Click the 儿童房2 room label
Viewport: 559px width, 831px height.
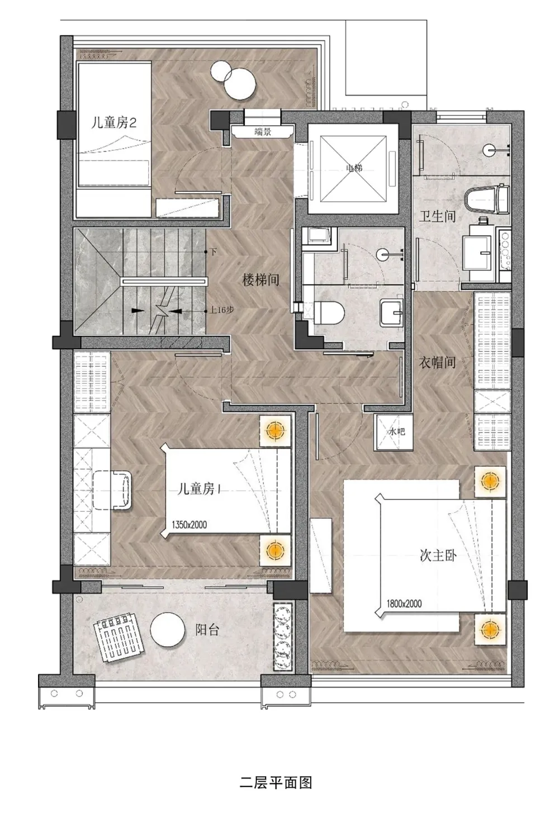tap(113, 122)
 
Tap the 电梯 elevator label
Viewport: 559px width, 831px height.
tap(354, 168)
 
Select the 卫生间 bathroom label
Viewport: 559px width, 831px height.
tap(438, 216)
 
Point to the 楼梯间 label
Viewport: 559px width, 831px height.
tap(260, 279)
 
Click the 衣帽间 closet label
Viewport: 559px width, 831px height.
tap(438, 363)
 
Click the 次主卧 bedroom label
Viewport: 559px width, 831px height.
tap(438, 555)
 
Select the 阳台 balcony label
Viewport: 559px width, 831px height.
tap(207, 630)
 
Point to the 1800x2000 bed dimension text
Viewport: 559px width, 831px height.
tap(404, 604)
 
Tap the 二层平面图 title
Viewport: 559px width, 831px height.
tap(276, 782)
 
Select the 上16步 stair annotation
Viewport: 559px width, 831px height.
tap(221, 310)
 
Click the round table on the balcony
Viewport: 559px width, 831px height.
tap(167, 630)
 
